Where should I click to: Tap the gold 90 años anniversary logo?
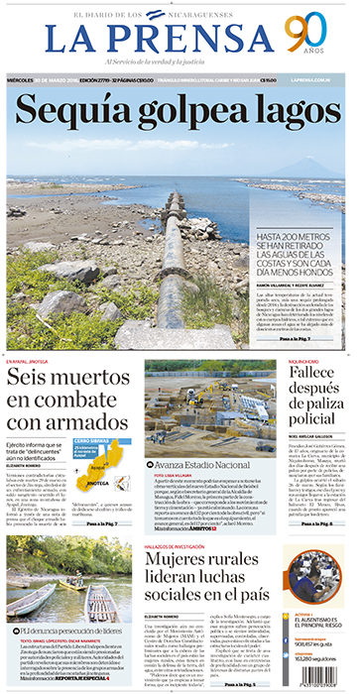click(306, 37)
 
